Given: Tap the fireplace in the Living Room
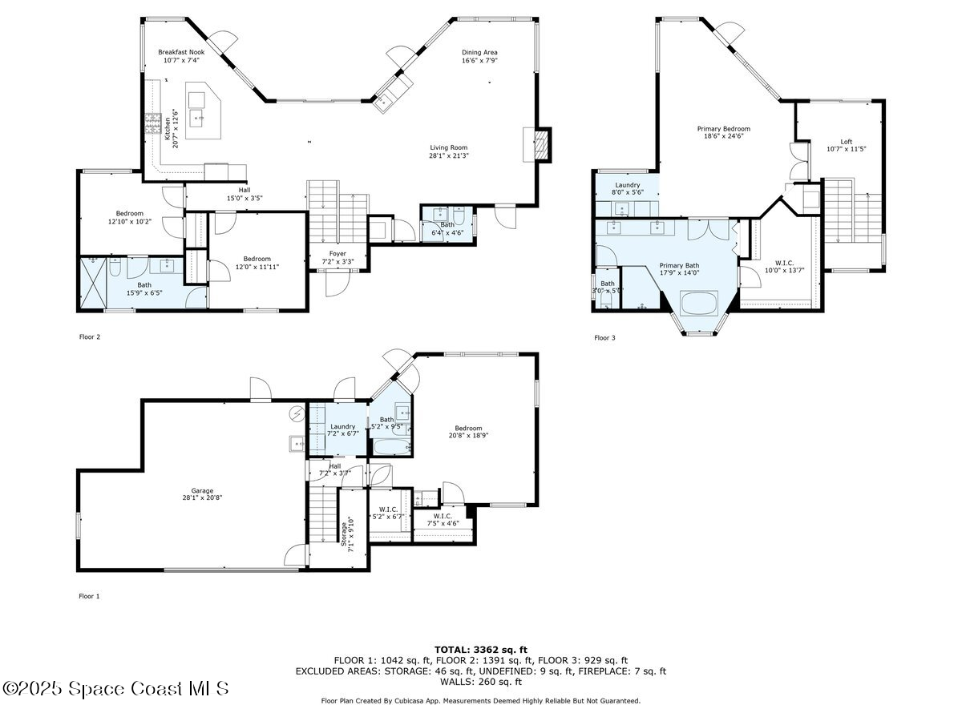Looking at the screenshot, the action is [542, 144].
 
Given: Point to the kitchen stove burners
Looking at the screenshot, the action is [153, 123].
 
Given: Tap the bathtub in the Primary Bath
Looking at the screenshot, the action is [698, 303].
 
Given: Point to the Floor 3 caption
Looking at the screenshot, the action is [604, 337].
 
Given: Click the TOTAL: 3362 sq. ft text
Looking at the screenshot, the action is [481, 650].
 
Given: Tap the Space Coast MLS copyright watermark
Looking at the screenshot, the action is [115, 689].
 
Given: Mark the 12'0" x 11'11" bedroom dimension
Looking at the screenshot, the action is [257, 267].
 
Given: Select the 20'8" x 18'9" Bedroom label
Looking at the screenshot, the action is [468, 432].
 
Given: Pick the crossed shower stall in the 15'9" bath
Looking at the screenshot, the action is [93, 284].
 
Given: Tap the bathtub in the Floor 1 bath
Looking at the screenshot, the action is [392, 447].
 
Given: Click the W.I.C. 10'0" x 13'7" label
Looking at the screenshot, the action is [784, 267].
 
